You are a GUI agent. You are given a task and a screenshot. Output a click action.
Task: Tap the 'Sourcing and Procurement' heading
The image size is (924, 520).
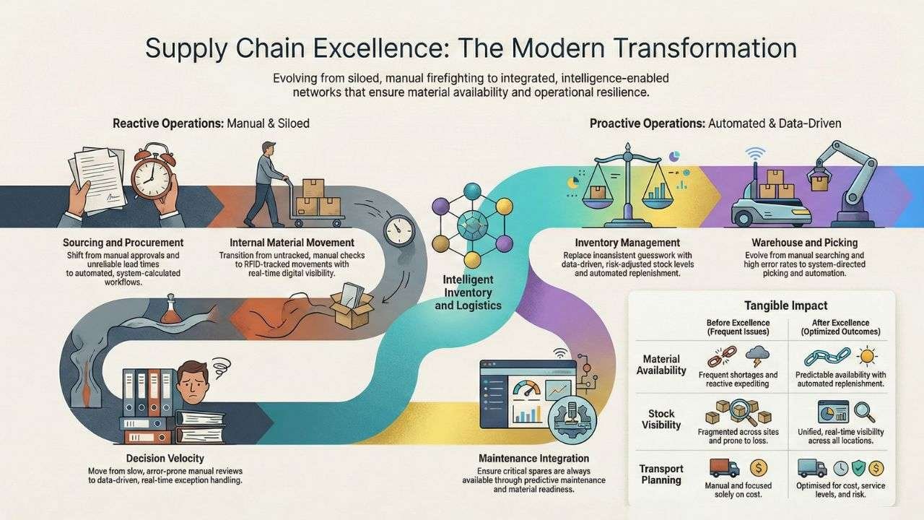coord(123,243)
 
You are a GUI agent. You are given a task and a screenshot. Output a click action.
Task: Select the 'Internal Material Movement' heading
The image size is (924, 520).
coord(292,243)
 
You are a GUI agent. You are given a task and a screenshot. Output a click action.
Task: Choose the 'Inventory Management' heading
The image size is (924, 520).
coord(627,243)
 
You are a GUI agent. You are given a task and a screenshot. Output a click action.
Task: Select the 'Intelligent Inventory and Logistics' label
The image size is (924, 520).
coord(468,292)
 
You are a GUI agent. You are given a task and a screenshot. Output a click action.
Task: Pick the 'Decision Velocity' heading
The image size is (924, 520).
coord(165,458)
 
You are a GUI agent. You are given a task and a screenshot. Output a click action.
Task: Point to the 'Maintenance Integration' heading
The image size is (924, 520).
coord(533,458)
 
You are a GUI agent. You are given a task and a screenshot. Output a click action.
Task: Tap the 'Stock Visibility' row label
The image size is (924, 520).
coord(661,420)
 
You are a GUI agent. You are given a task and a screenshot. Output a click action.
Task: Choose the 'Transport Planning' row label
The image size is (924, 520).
coord(661,474)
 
